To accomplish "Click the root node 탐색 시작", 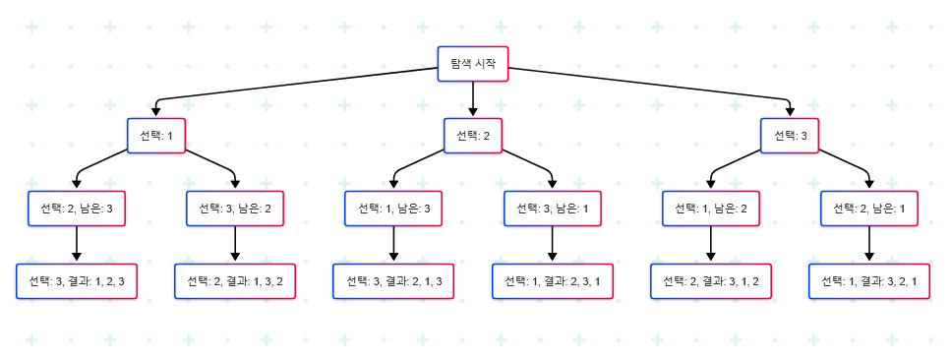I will (473, 64).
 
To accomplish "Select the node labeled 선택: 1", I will (156, 136).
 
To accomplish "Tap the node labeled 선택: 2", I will (473, 136).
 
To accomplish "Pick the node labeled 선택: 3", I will (791, 136).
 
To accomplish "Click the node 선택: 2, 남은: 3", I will (77, 209).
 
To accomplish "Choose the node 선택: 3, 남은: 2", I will (235, 209).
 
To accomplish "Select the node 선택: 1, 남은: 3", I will (393, 209).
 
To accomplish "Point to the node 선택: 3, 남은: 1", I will (553, 209).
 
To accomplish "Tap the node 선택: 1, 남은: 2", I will (711, 209).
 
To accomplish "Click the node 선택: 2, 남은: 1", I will (869, 209).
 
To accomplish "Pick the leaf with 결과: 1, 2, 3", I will (77, 281).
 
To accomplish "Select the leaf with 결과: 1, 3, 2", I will (235, 281).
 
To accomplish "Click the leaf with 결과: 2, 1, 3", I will (393, 281).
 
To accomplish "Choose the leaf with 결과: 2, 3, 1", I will (553, 281).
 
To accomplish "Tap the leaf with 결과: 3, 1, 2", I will (711, 281).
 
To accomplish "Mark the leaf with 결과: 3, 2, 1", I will (869, 281).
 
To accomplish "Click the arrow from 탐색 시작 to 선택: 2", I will (473, 99).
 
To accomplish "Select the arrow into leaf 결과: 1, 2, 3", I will (77, 245).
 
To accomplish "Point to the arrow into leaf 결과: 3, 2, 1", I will (869, 245).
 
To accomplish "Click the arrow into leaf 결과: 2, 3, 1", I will (553, 245).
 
